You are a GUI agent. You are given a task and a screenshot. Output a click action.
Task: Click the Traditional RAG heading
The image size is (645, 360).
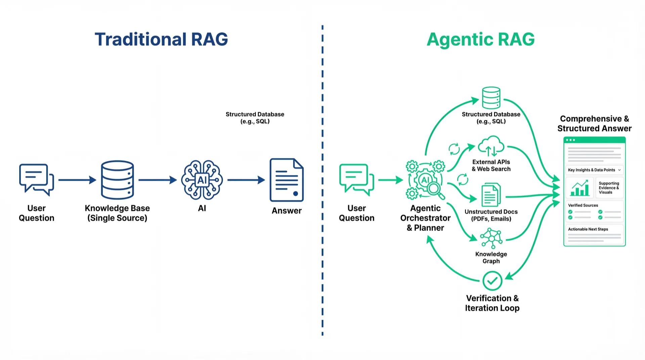coord(161,39)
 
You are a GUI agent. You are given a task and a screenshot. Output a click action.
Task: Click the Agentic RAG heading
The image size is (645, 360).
coord(480,39)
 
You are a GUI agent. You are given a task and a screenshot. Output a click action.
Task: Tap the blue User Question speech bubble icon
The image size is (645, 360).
coord(36,179)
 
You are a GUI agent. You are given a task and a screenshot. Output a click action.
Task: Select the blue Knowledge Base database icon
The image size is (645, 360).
coord(117,180)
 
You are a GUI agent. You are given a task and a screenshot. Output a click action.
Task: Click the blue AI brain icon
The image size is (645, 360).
coord(202,180)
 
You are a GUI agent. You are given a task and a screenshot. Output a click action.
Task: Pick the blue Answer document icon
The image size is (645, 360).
coord(287,180)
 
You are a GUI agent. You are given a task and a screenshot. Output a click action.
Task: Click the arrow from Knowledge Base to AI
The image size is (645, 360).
coord(158,180)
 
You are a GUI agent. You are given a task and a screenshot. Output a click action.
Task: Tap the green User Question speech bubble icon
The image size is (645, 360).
coord(356,179)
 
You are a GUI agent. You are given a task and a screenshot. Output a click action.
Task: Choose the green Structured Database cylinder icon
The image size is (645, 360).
coord(491,98)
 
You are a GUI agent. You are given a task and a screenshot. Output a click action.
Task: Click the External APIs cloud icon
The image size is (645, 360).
coord(491,146)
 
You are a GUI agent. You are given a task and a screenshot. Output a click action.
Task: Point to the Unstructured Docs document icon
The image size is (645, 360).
coord(491,195)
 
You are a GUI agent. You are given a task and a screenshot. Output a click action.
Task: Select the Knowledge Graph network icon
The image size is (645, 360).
coord(491,238)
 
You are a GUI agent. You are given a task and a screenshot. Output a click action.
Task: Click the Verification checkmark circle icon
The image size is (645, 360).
coord(492,281)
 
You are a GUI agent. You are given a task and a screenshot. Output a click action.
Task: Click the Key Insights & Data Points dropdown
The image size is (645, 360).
coord(594,170)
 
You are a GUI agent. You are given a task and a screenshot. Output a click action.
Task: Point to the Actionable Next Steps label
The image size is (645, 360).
coord(588,229)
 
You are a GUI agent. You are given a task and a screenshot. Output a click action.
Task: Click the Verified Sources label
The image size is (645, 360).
coord(583,205)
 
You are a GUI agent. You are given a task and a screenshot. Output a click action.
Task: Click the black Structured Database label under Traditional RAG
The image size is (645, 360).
coord(255,118)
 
